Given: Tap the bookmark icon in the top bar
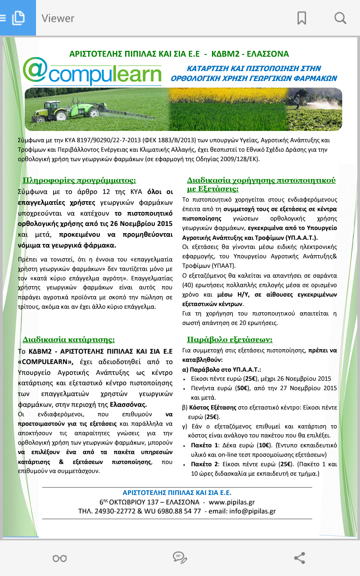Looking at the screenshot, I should [x=301, y=18].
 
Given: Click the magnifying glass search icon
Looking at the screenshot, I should [x=340, y=18].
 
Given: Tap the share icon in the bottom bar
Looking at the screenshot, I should [x=300, y=558].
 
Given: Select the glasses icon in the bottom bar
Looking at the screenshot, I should [x=59, y=558].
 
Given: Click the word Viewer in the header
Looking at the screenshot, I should [x=58, y=18].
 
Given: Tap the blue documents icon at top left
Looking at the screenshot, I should [x=18, y=18].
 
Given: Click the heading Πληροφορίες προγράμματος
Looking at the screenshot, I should [x=80, y=180].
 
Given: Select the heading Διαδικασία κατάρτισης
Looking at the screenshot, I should [x=69, y=339].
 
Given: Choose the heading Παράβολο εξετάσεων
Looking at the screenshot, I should [x=229, y=339].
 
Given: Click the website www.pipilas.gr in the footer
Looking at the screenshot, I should [x=232, y=502].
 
